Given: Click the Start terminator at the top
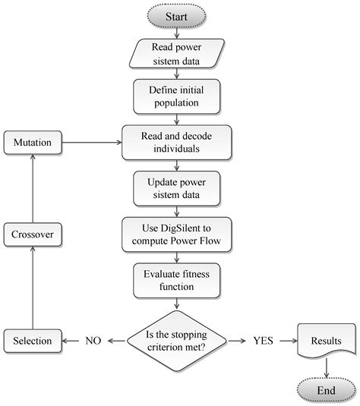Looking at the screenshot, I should tap(177, 14).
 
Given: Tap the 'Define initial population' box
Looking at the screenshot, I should tap(177, 95).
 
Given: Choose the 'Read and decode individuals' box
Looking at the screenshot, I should tap(177, 141).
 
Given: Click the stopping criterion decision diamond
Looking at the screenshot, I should tap(177, 341).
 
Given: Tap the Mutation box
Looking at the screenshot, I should tap(33, 141).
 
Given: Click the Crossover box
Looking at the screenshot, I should tap(33, 234).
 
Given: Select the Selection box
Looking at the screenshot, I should tap(33, 341).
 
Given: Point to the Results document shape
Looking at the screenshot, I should tap(325, 341).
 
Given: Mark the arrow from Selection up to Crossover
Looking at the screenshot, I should tap(33, 288).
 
